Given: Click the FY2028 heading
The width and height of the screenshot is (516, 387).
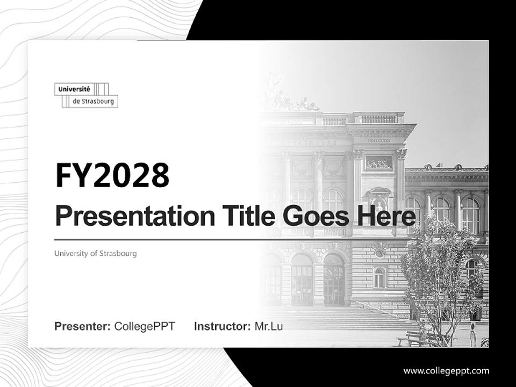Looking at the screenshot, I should click(112, 175).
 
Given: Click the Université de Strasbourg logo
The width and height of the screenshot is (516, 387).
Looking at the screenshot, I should click(86, 95).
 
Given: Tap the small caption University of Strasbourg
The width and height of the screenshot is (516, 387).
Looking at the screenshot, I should click(96, 253).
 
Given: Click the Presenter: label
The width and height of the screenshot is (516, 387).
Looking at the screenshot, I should click(83, 326).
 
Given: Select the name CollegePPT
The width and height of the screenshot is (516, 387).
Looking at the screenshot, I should click(145, 326).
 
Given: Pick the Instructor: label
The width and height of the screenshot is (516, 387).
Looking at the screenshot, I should click(222, 326).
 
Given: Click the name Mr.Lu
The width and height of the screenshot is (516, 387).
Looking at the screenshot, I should click(269, 326).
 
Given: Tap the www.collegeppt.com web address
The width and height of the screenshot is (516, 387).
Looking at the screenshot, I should click(446, 370).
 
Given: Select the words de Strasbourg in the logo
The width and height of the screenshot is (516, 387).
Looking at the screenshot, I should click(94, 101).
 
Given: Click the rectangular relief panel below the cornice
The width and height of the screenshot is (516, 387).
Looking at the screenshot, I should click(378, 163).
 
